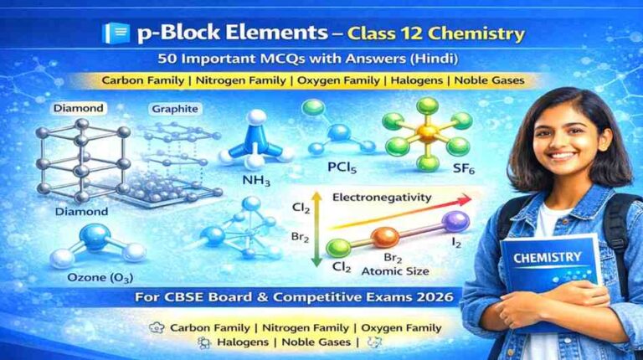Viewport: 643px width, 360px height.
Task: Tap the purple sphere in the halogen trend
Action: [455, 222]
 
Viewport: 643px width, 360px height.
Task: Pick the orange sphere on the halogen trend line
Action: [385, 238]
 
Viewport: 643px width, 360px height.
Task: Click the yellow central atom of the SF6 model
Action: [428, 132]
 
